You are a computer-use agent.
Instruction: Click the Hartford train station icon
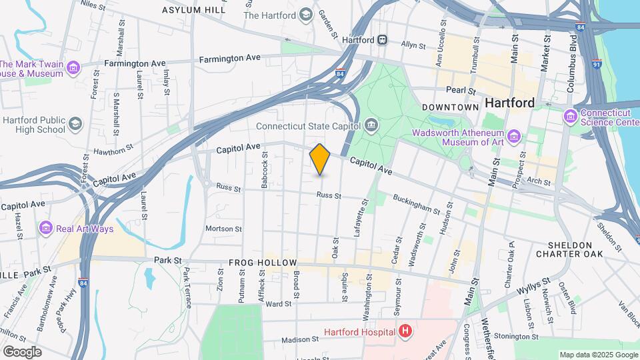point(383,40)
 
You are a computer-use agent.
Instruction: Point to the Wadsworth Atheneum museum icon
point(513,137)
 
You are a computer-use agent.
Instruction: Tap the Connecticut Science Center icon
point(570,117)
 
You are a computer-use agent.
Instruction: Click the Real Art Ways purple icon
point(46,229)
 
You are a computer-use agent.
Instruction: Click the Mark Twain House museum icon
point(73,68)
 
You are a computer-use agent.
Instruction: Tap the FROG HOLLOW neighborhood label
point(263,263)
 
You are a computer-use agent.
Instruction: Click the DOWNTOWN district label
point(450,107)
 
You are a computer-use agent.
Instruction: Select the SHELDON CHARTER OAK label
point(575,249)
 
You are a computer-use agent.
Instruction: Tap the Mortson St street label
point(223,229)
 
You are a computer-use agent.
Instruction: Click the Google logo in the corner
point(22,351)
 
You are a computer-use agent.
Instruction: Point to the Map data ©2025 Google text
point(597,355)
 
